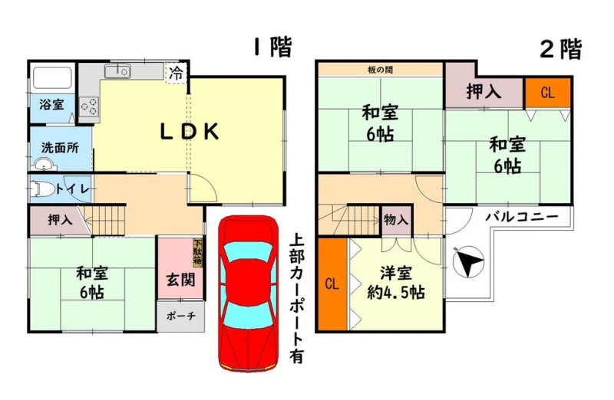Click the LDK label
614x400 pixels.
pyautogui.click(x=190, y=132)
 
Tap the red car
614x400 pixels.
pyautogui.click(x=248, y=293)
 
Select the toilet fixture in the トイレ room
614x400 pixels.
pyautogui.click(x=43, y=189)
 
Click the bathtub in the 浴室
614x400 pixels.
pyautogui.click(x=51, y=78)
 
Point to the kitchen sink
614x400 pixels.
pyautogui.click(x=117, y=71)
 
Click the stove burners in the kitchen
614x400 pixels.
pyautogui.click(x=89, y=107)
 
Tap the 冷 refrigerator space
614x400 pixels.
pyautogui.click(x=177, y=73)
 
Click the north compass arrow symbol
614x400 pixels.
pyautogui.click(x=468, y=262)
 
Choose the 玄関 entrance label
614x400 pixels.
pyautogui.click(x=180, y=280)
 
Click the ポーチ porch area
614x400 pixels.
pyautogui.click(x=180, y=316)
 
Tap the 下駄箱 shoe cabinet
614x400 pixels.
pyautogui.click(x=197, y=253)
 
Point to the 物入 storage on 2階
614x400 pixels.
pyautogui.click(x=397, y=220)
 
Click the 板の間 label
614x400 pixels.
pyautogui.click(x=380, y=70)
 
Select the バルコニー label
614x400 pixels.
pyautogui.click(x=522, y=217)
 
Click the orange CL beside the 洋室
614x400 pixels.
pyautogui.click(x=332, y=284)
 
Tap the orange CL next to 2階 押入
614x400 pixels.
pyautogui.click(x=547, y=93)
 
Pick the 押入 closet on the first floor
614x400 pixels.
pyautogui.click(x=59, y=220)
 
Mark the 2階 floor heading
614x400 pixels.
pyautogui.click(x=561, y=50)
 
